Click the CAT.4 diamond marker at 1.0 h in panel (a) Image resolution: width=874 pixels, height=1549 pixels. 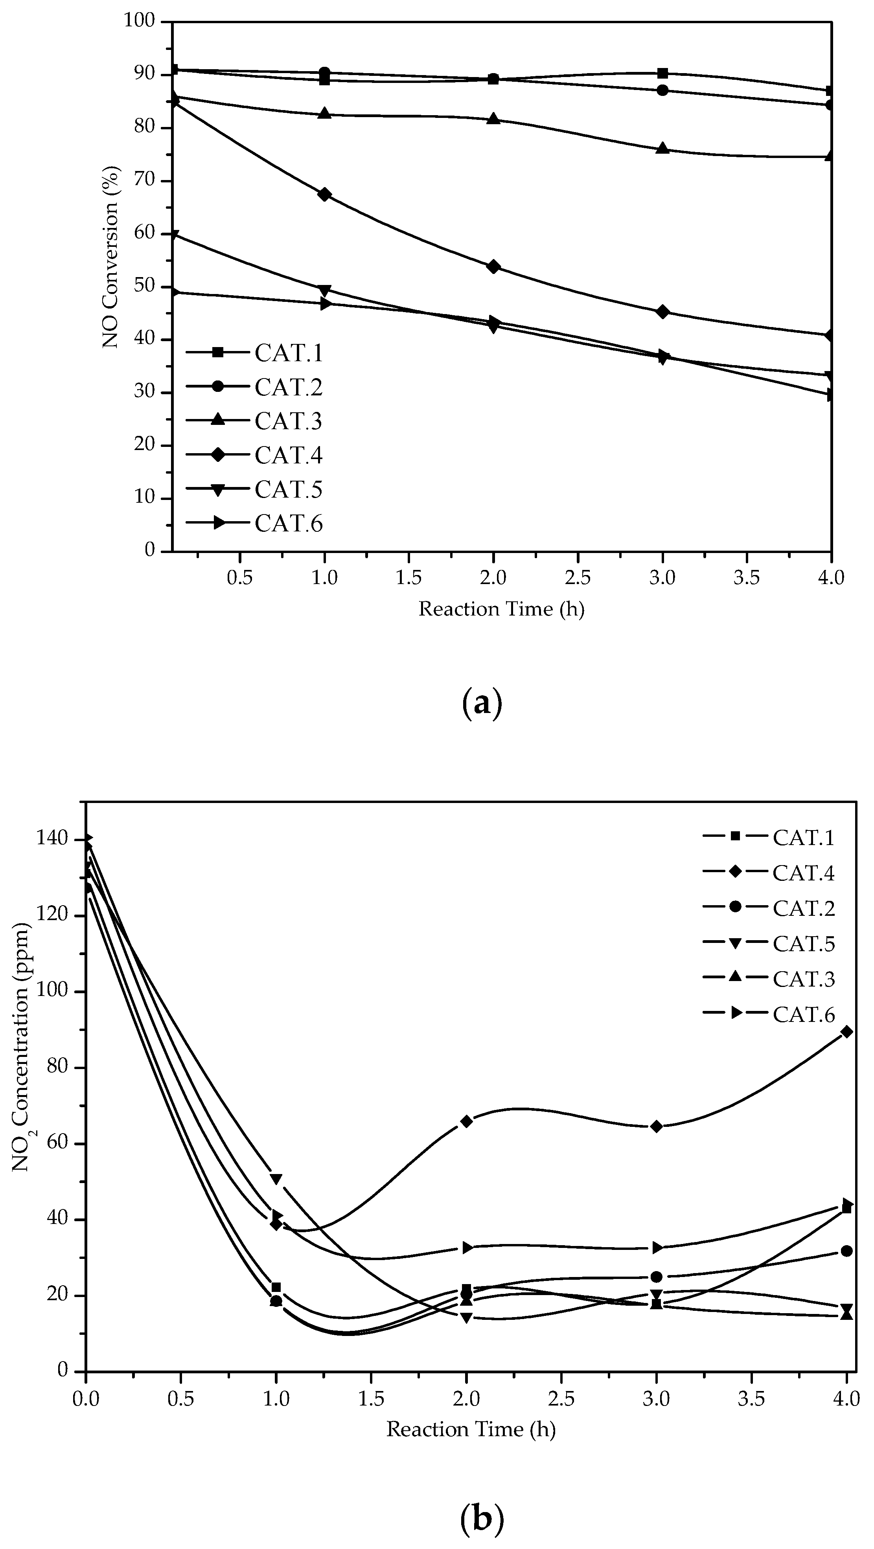pos(324,194)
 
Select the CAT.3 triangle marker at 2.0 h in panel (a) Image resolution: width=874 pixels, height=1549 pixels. pos(493,118)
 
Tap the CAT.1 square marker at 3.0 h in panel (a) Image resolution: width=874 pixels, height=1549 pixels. pos(662,73)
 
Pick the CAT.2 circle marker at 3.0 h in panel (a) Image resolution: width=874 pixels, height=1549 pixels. pos(662,90)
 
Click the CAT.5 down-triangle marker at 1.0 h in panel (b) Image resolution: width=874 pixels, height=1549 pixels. pos(276,1179)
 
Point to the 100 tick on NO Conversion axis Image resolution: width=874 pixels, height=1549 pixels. pos(140,21)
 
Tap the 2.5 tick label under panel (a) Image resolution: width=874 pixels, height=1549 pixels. pos(578,578)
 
